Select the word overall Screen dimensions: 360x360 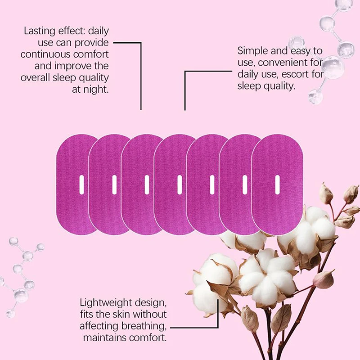36,77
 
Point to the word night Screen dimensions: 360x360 98,89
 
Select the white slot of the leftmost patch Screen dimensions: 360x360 81,185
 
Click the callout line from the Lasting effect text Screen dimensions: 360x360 141,72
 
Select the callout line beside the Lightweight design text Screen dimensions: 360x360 193,327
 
